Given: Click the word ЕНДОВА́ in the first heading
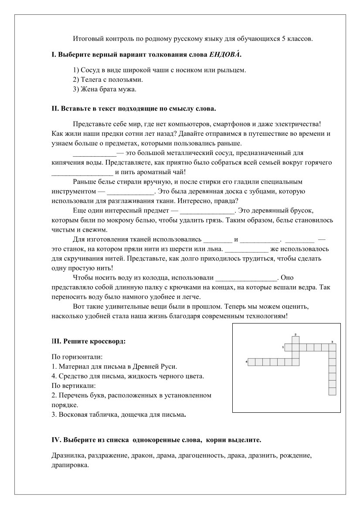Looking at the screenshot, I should [x=224, y=56].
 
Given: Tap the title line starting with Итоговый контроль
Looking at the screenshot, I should [x=193, y=39].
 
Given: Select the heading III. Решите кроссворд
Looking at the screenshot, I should [x=88, y=340].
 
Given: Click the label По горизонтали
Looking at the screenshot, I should [x=77, y=357].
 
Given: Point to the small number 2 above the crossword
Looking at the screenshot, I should [x=295, y=334].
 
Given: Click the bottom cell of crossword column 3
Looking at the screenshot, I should [x=332, y=391].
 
